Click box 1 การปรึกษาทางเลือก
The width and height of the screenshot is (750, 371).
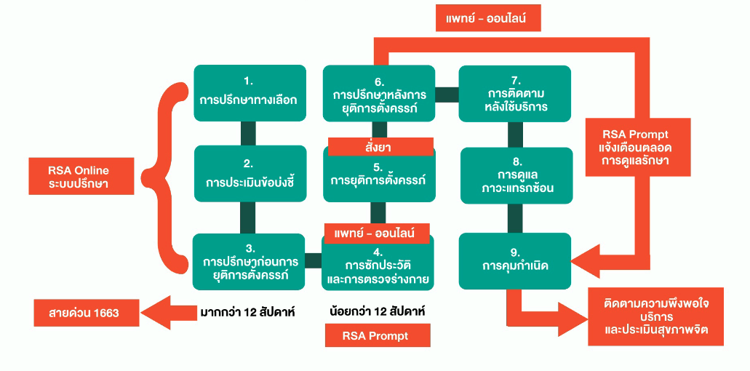248,92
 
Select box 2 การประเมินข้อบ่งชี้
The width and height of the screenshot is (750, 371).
248,173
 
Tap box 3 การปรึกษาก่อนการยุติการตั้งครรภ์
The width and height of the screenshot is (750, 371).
248,261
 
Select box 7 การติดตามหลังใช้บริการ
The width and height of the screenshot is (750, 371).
515,93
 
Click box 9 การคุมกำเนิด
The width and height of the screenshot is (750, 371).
515,261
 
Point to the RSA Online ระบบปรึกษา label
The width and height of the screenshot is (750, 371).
78,176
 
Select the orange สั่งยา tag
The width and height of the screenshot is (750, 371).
380,146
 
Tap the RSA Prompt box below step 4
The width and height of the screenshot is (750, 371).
378,335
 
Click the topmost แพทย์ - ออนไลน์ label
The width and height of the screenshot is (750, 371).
488,17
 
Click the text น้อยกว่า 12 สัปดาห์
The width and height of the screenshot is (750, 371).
377,311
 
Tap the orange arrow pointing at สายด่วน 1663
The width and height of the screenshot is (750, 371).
167,313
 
